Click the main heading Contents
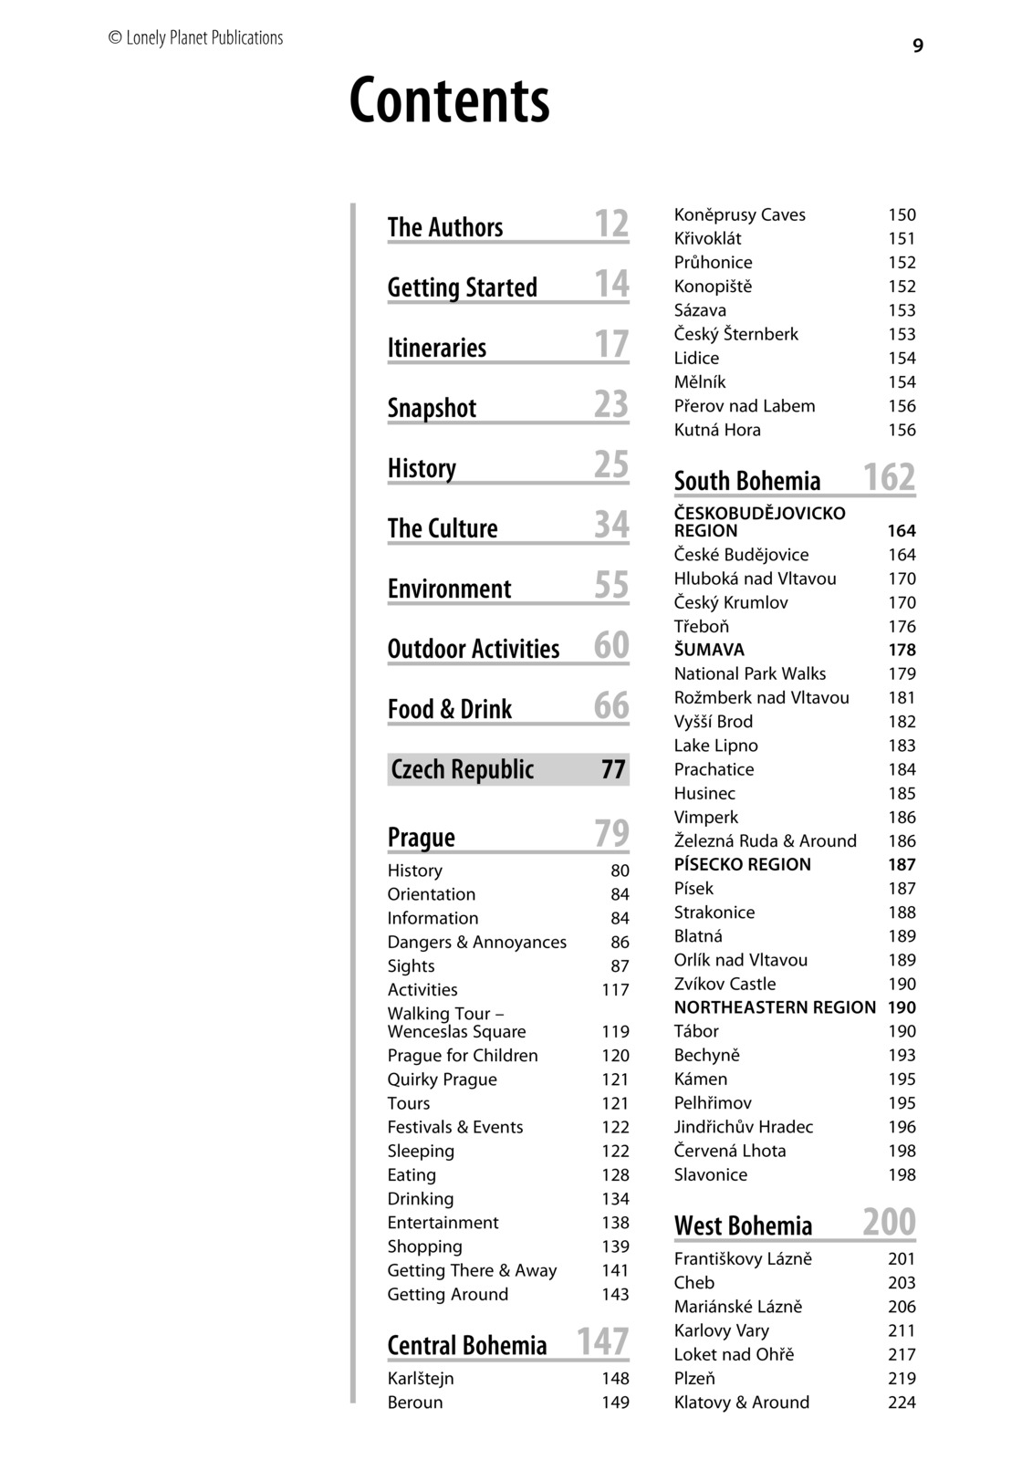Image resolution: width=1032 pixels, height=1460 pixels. (x=449, y=100)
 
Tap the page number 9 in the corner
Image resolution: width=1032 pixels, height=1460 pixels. (x=917, y=47)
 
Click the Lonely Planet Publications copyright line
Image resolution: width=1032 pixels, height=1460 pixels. (x=195, y=38)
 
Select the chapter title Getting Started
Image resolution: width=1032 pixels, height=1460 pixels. (x=462, y=287)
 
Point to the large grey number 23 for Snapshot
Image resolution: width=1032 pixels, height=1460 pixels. (x=611, y=404)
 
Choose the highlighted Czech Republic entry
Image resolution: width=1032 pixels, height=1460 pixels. (x=462, y=769)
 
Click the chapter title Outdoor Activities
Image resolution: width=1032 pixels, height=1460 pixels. (x=473, y=649)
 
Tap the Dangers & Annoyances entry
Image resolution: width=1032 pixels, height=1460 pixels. (x=476, y=942)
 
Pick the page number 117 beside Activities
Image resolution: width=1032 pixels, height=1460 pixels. (x=615, y=990)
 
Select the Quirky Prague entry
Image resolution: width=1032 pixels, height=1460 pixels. (x=442, y=1079)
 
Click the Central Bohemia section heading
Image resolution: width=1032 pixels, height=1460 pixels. (x=466, y=1345)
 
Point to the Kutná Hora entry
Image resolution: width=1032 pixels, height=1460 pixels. (x=717, y=430)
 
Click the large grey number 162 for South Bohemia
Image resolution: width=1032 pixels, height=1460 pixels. (x=889, y=477)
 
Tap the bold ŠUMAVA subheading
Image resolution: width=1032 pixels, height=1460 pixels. (x=709, y=650)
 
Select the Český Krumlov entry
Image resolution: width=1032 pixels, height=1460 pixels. (x=731, y=602)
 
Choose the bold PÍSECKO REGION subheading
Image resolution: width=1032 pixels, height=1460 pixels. (x=742, y=864)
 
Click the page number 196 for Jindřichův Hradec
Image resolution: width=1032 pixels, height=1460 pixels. (x=902, y=1127)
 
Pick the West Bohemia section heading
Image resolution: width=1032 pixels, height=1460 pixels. (x=743, y=1225)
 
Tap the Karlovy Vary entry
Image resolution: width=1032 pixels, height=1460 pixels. (x=721, y=1330)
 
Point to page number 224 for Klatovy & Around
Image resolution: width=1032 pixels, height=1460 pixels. (x=902, y=1403)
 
